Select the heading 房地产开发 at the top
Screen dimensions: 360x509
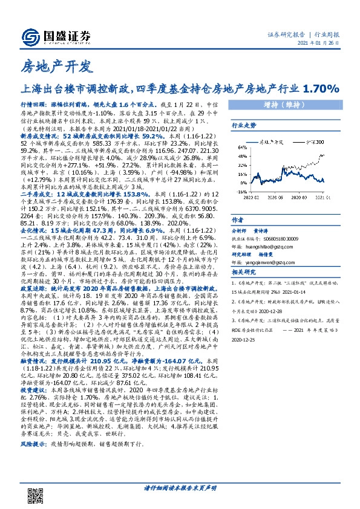(x=55, y=66)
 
